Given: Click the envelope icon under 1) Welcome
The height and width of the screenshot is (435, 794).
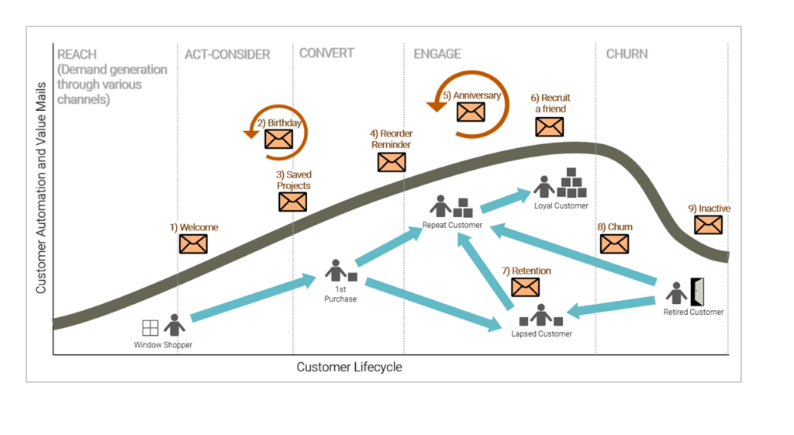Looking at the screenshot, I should pyautogui.click(x=193, y=243).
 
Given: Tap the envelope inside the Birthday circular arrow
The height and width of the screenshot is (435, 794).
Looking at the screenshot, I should pyautogui.click(x=278, y=139).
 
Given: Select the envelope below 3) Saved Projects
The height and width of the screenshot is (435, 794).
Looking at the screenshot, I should pyautogui.click(x=292, y=202).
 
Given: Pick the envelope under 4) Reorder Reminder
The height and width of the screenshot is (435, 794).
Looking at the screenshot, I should pyautogui.click(x=392, y=162).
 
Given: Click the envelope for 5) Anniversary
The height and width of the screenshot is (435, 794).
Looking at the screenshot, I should pyautogui.click(x=470, y=112).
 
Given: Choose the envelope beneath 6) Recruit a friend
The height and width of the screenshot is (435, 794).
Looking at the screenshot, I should pyautogui.click(x=549, y=127).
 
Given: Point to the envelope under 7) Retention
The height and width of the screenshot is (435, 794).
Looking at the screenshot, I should pyautogui.click(x=525, y=287).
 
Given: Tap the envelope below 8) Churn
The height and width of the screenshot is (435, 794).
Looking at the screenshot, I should pyautogui.click(x=614, y=243).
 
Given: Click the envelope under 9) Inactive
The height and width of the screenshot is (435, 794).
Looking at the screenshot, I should pyautogui.click(x=708, y=225).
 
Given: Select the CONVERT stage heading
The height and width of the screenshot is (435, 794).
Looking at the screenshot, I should pyautogui.click(x=326, y=54).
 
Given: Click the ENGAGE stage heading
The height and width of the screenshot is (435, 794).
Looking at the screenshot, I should pyautogui.click(x=437, y=54).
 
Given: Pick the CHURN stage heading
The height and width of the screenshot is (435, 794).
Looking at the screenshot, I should pyautogui.click(x=627, y=54).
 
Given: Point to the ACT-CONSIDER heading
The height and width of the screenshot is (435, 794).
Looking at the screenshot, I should pyautogui.click(x=227, y=54).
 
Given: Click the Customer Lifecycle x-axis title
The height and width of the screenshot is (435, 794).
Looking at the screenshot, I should pyautogui.click(x=349, y=367).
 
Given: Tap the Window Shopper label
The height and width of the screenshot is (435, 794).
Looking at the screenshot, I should pyautogui.click(x=163, y=345).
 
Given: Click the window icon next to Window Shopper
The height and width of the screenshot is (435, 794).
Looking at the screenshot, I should pyautogui.click(x=150, y=328).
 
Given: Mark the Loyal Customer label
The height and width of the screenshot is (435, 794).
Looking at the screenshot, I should pyautogui.click(x=561, y=205).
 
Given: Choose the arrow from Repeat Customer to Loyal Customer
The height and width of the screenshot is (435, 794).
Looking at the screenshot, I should pyautogui.click(x=506, y=200).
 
